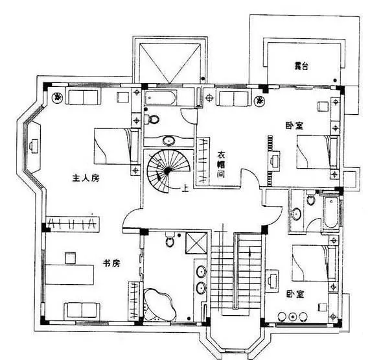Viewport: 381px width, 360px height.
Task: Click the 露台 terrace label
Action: [301, 66]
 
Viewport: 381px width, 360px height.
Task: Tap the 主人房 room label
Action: [86, 178]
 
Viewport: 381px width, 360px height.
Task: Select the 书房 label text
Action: [111, 263]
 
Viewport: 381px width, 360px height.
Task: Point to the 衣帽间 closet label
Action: [221, 165]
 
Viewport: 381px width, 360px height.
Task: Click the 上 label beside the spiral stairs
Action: [185, 188]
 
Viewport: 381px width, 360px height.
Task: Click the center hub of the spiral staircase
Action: [167, 171]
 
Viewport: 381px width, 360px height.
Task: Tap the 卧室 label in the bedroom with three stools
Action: [295, 294]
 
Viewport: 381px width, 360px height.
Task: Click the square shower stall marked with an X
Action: [196, 243]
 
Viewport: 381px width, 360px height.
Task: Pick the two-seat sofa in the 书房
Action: [82, 311]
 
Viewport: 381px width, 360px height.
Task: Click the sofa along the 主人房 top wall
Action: [83, 97]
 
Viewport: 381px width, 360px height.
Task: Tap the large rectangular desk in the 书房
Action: [70, 275]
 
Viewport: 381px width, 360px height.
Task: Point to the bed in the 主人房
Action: [117, 146]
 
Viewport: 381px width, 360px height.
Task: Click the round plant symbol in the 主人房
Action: [58, 97]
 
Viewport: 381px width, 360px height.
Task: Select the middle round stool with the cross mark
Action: [293, 317]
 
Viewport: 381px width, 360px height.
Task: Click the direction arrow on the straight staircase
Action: [250, 252]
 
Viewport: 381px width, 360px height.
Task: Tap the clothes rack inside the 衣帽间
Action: [202, 161]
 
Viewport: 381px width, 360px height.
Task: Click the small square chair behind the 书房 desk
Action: [70, 258]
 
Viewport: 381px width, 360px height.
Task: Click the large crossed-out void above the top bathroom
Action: [170, 63]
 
